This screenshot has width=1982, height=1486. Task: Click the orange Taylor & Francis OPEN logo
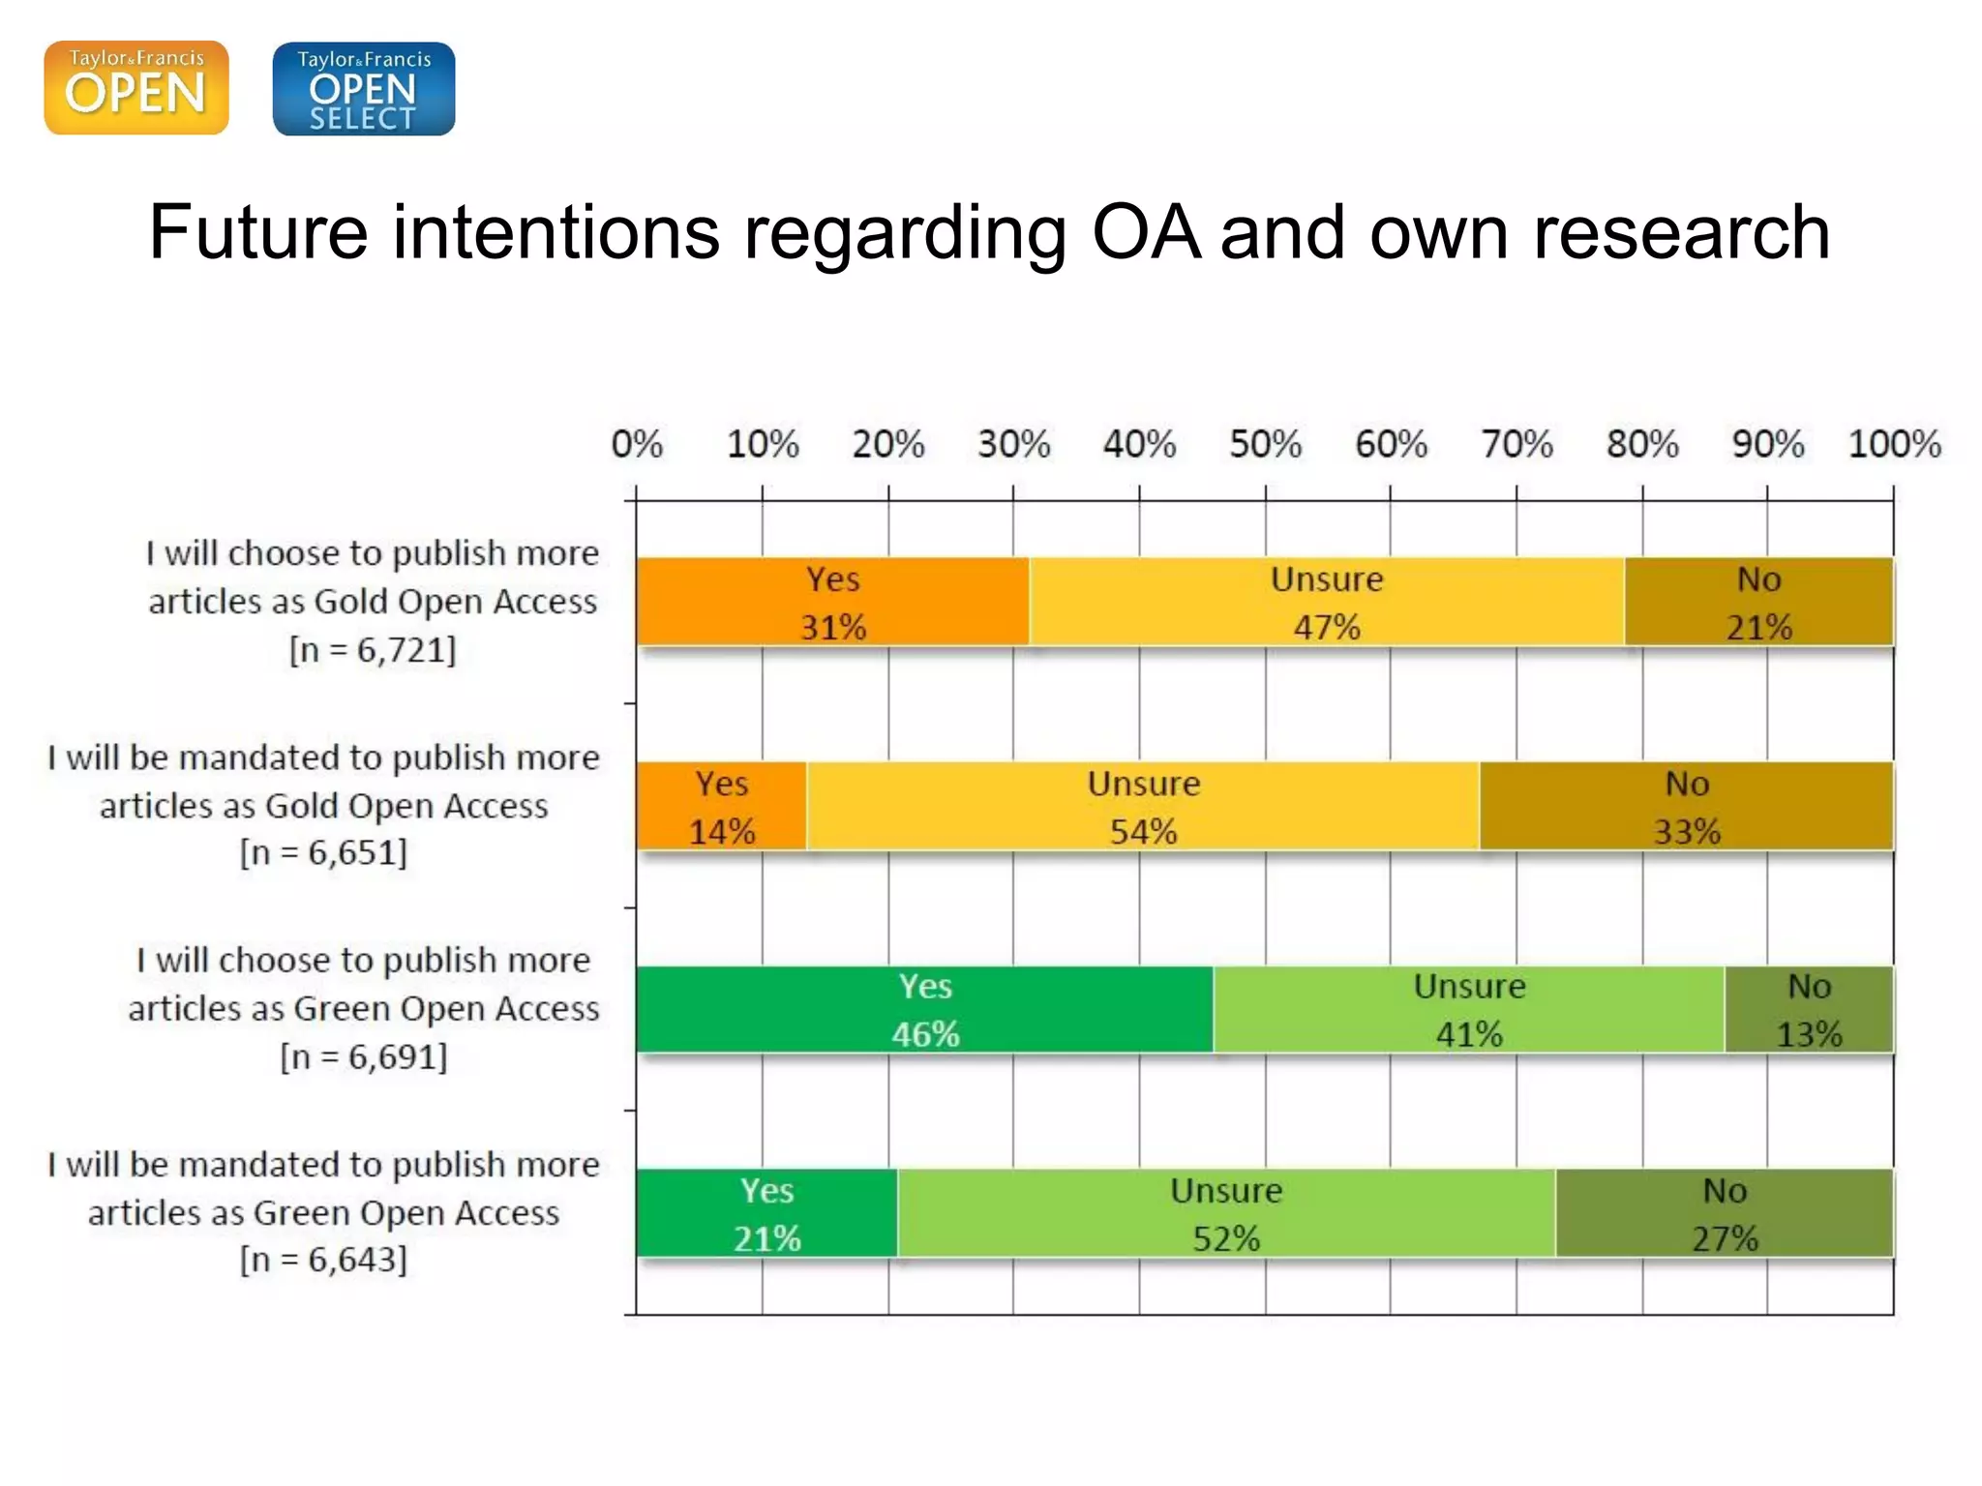pos(136,87)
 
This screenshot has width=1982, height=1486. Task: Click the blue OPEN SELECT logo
pos(364,88)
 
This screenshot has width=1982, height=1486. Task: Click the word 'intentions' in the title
pos(556,233)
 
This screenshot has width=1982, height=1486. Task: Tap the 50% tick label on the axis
pos(1265,444)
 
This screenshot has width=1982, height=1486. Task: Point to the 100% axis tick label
pos(1894,444)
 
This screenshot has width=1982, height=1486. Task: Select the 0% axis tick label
pos(637,444)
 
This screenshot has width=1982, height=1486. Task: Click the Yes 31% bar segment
pos(832,602)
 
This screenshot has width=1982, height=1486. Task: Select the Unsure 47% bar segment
pos(1326,602)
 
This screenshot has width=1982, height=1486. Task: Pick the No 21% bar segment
pos(1758,602)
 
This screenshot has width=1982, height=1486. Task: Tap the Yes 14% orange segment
pos(721,806)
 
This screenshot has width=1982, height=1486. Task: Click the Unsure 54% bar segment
pos(1143,806)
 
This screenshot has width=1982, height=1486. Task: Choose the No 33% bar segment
pos(1686,806)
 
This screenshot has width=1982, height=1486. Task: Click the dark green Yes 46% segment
pos(924,1009)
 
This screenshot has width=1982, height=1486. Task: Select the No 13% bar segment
pos(1808,1009)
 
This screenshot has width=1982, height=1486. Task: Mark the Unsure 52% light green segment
pos(1225,1213)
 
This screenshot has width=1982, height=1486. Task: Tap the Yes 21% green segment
pos(766,1213)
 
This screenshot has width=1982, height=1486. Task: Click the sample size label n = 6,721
pos(373,649)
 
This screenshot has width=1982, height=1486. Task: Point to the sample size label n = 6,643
pos(323,1260)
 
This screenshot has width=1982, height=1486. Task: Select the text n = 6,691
pos(364,1056)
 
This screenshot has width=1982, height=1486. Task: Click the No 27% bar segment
pos(1724,1213)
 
